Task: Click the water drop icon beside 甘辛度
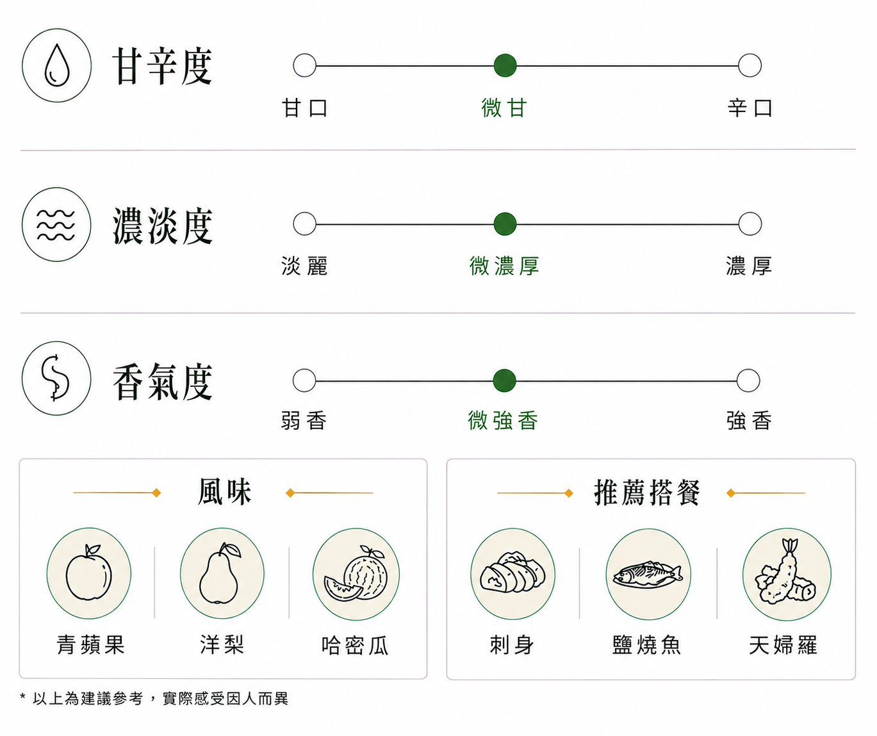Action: coord(57,65)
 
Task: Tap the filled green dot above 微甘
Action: coord(505,65)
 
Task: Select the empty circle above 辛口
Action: coord(750,65)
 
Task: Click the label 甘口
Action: coord(304,108)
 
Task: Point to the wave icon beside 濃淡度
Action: coord(56,224)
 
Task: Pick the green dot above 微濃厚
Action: coord(505,224)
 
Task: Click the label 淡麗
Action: coord(304,266)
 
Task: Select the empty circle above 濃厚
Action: coord(750,224)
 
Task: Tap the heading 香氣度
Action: coord(163,382)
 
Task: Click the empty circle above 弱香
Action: coord(304,380)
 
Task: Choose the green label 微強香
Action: coord(503,420)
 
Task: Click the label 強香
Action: coord(750,420)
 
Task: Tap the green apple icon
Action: coord(89,573)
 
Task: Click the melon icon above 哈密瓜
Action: coord(356,574)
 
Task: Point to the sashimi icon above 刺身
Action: coord(513,573)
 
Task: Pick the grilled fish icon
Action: coord(648,574)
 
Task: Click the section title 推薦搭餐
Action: coord(647,493)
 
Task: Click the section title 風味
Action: coord(225,491)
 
